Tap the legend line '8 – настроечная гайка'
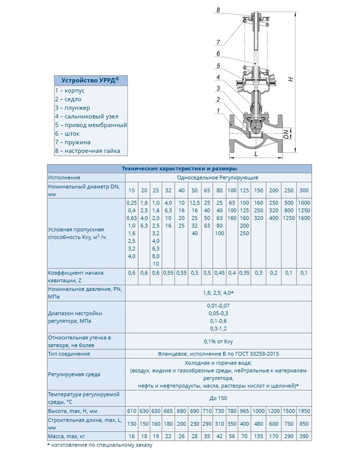coord(88,151)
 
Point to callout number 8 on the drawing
coord(218,9)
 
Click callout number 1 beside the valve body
coord(218,111)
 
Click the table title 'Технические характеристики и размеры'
coord(180,169)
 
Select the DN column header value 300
coord(304,190)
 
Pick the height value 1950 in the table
coord(304,411)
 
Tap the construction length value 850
coord(304,424)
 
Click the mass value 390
coord(304,436)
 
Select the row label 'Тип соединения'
coord(69,354)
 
